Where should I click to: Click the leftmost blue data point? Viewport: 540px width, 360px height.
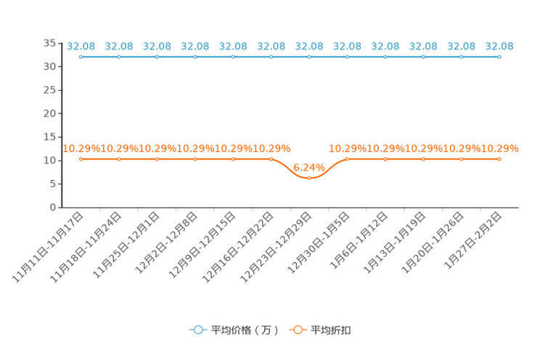81,56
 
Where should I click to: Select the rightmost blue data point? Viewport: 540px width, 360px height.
499,56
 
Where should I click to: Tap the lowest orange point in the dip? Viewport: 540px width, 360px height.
309,176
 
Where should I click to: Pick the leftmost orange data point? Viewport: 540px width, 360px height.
81,158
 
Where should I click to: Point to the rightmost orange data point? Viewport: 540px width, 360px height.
499,158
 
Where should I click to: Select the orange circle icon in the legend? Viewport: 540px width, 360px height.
297,330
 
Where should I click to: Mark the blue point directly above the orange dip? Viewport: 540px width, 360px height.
309,56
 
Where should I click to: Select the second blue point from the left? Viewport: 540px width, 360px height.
119,56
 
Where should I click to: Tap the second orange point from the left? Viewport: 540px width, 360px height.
119,158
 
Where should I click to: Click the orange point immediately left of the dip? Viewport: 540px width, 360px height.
271,158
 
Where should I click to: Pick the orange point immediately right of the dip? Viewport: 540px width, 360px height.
347,158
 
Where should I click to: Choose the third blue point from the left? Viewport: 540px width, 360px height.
157,56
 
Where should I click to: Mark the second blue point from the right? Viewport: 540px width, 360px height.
461,56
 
